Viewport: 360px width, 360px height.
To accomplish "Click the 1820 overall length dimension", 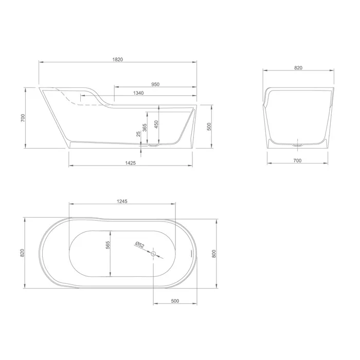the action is (x=118, y=60).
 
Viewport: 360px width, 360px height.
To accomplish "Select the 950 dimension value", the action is (x=155, y=84).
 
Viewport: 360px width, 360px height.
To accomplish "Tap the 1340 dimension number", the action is (x=138, y=93).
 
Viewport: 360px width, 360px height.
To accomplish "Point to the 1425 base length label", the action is (x=131, y=163).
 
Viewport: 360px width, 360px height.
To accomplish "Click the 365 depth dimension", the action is (x=145, y=128).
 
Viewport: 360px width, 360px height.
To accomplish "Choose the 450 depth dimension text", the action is (x=156, y=124).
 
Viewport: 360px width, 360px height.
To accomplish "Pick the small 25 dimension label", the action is (x=138, y=134).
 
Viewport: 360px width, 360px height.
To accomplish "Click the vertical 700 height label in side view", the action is (x=23, y=118).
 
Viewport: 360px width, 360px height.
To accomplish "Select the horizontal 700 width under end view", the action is (x=298, y=160).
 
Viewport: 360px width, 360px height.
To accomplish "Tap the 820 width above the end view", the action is (x=298, y=68).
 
